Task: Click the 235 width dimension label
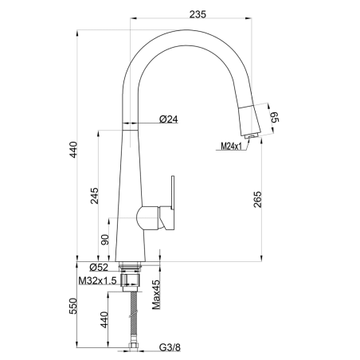pyautogui.click(x=198, y=14)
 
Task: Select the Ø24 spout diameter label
pyautogui.click(x=169, y=119)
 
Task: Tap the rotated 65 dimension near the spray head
pyautogui.click(x=274, y=117)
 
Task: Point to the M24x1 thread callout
pyautogui.click(x=232, y=146)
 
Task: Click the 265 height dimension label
pyautogui.click(x=257, y=199)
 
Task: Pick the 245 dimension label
pyautogui.click(x=94, y=196)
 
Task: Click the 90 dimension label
pyautogui.click(x=105, y=240)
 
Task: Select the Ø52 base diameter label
pyautogui.click(x=99, y=268)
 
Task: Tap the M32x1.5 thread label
pyautogui.click(x=98, y=280)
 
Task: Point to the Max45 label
pyautogui.click(x=156, y=295)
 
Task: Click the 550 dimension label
pyautogui.click(x=72, y=306)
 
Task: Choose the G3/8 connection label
pyautogui.click(x=170, y=347)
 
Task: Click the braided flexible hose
pyautogui.click(x=134, y=317)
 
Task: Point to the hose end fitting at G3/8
pyautogui.click(x=133, y=346)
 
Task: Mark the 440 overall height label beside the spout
pyautogui.click(x=72, y=150)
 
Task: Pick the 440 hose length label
pyautogui.click(x=104, y=319)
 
